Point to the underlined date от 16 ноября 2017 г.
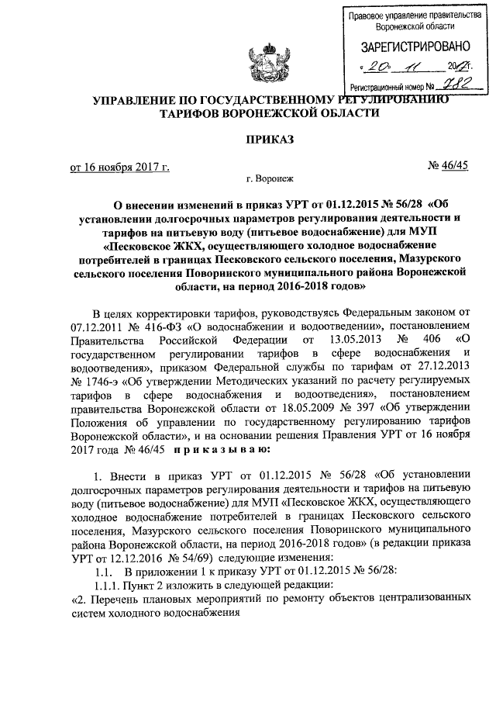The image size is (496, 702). pyautogui.click(x=119, y=166)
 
